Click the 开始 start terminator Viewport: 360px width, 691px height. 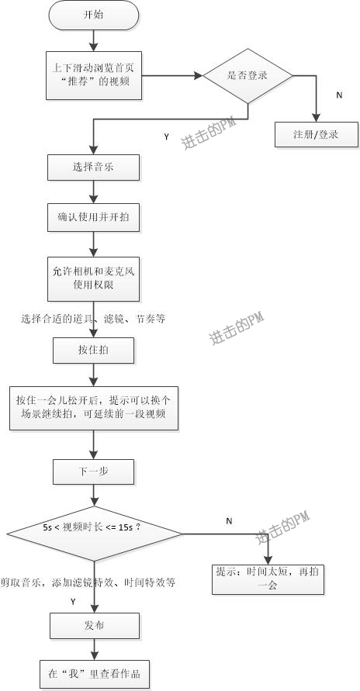pos(93,15)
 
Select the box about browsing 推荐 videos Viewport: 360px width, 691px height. pos(93,76)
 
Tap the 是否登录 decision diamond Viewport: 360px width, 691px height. pos(247,75)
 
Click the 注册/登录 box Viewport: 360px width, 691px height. pos(317,134)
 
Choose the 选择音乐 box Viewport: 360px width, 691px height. pos(94,167)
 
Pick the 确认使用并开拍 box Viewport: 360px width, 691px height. pos(94,218)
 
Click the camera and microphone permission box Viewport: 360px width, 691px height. pos(94,278)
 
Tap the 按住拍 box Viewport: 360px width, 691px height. pos(94,351)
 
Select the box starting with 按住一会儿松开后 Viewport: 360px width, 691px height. pos(94,407)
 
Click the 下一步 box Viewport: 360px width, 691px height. pos(94,471)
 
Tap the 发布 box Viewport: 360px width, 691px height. pos(94,626)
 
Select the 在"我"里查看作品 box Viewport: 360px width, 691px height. pos(94,672)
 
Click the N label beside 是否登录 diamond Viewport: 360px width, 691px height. pos(338,95)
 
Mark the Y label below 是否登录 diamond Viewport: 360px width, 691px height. pos(166,137)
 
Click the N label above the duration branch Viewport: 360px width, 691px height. pos(229,521)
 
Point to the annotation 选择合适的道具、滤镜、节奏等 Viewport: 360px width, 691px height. pos(93,319)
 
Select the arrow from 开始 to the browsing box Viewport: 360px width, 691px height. pos(93,38)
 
